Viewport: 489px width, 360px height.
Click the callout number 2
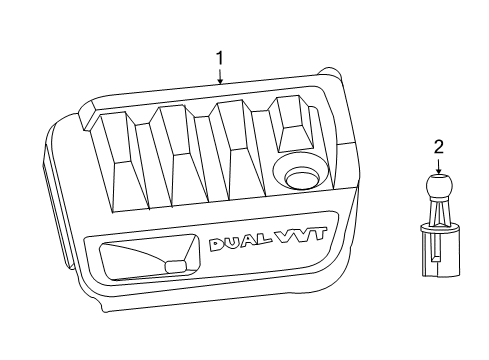[438, 147]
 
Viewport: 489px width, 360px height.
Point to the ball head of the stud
[437, 187]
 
